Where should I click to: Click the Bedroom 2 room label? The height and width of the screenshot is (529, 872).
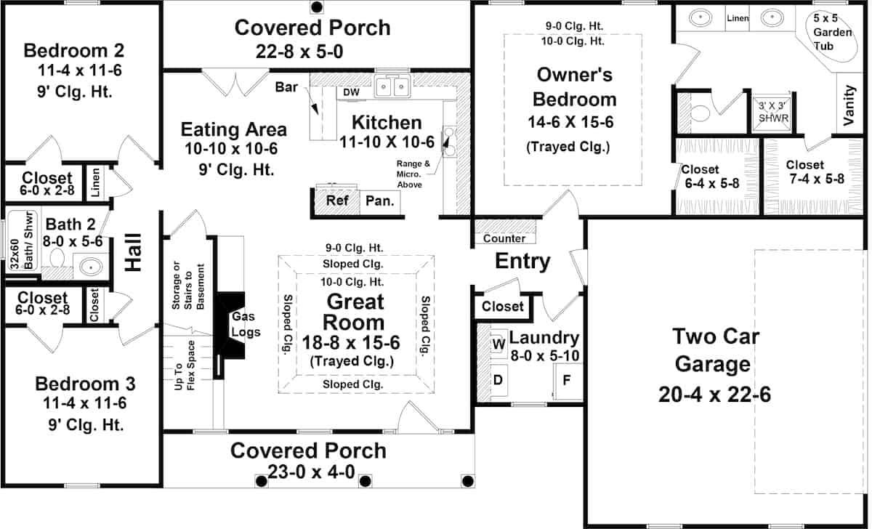(x=74, y=51)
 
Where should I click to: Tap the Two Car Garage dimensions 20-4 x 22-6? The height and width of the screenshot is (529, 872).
(x=715, y=395)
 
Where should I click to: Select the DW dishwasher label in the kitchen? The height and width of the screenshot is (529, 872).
(x=351, y=92)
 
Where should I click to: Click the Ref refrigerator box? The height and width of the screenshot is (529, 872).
(x=337, y=201)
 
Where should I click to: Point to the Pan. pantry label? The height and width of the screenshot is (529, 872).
(x=380, y=201)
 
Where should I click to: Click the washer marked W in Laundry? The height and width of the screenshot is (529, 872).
(x=498, y=343)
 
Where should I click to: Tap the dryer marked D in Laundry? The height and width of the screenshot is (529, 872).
(x=498, y=380)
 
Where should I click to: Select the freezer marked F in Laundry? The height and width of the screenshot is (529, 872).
(x=568, y=381)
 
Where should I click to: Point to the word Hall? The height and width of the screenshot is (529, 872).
(x=133, y=252)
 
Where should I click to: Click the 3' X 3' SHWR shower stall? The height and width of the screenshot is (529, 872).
(x=772, y=113)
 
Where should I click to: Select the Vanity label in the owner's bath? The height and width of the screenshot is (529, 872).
(x=849, y=105)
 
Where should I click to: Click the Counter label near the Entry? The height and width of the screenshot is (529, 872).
(x=504, y=238)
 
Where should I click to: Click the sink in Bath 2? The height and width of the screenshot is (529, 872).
(x=91, y=267)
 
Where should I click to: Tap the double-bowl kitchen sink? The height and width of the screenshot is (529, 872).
(x=392, y=86)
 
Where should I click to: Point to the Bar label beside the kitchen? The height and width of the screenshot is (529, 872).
(x=286, y=86)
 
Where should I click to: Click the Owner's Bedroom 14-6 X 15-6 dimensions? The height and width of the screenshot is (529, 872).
(x=570, y=122)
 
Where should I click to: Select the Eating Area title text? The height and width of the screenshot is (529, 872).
(x=233, y=129)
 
